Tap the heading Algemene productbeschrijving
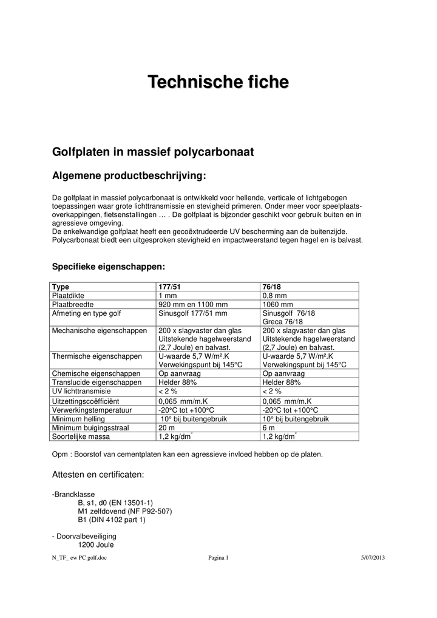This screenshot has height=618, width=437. (x=129, y=176)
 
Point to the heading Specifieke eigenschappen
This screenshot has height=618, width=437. (x=109, y=267)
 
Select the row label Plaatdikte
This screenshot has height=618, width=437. (x=71, y=296)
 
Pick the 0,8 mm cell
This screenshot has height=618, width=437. (x=274, y=296)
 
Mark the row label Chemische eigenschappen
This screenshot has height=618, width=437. (x=97, y=374)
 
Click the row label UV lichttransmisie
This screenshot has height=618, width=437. (x=86, y=392)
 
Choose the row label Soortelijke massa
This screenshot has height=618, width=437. (x=82, y=436)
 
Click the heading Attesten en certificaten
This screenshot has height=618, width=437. (x=98, y=474)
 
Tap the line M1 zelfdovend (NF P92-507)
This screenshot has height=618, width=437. (x=125, y=511)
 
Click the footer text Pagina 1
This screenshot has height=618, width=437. (x=218, y=558)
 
